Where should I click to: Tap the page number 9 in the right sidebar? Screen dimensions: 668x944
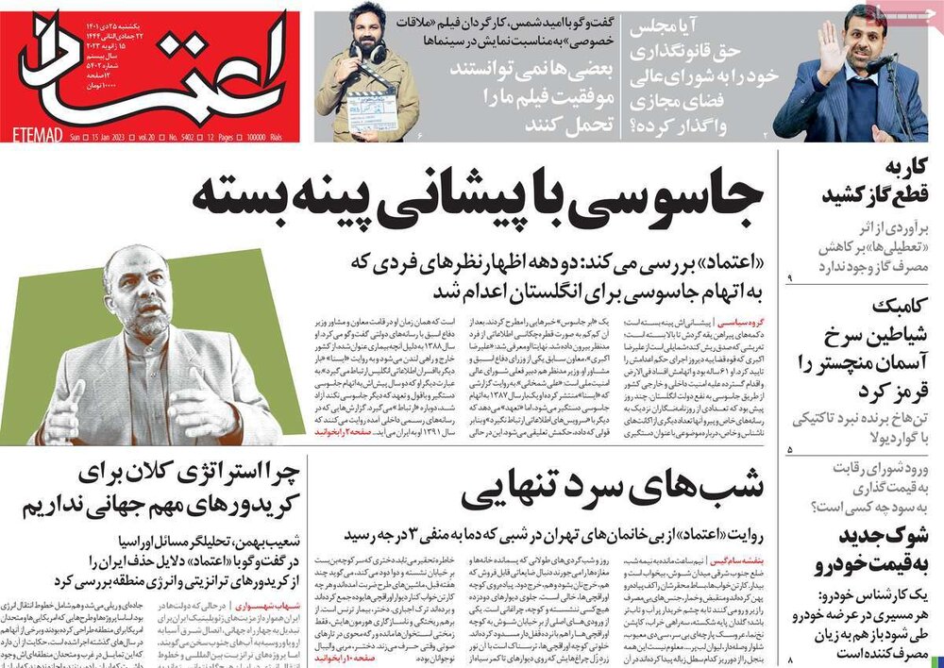[x=791, y=276]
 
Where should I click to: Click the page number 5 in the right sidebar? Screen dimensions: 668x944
[x=790, y=452]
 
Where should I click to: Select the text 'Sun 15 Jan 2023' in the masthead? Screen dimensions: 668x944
[x=100, y=136]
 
